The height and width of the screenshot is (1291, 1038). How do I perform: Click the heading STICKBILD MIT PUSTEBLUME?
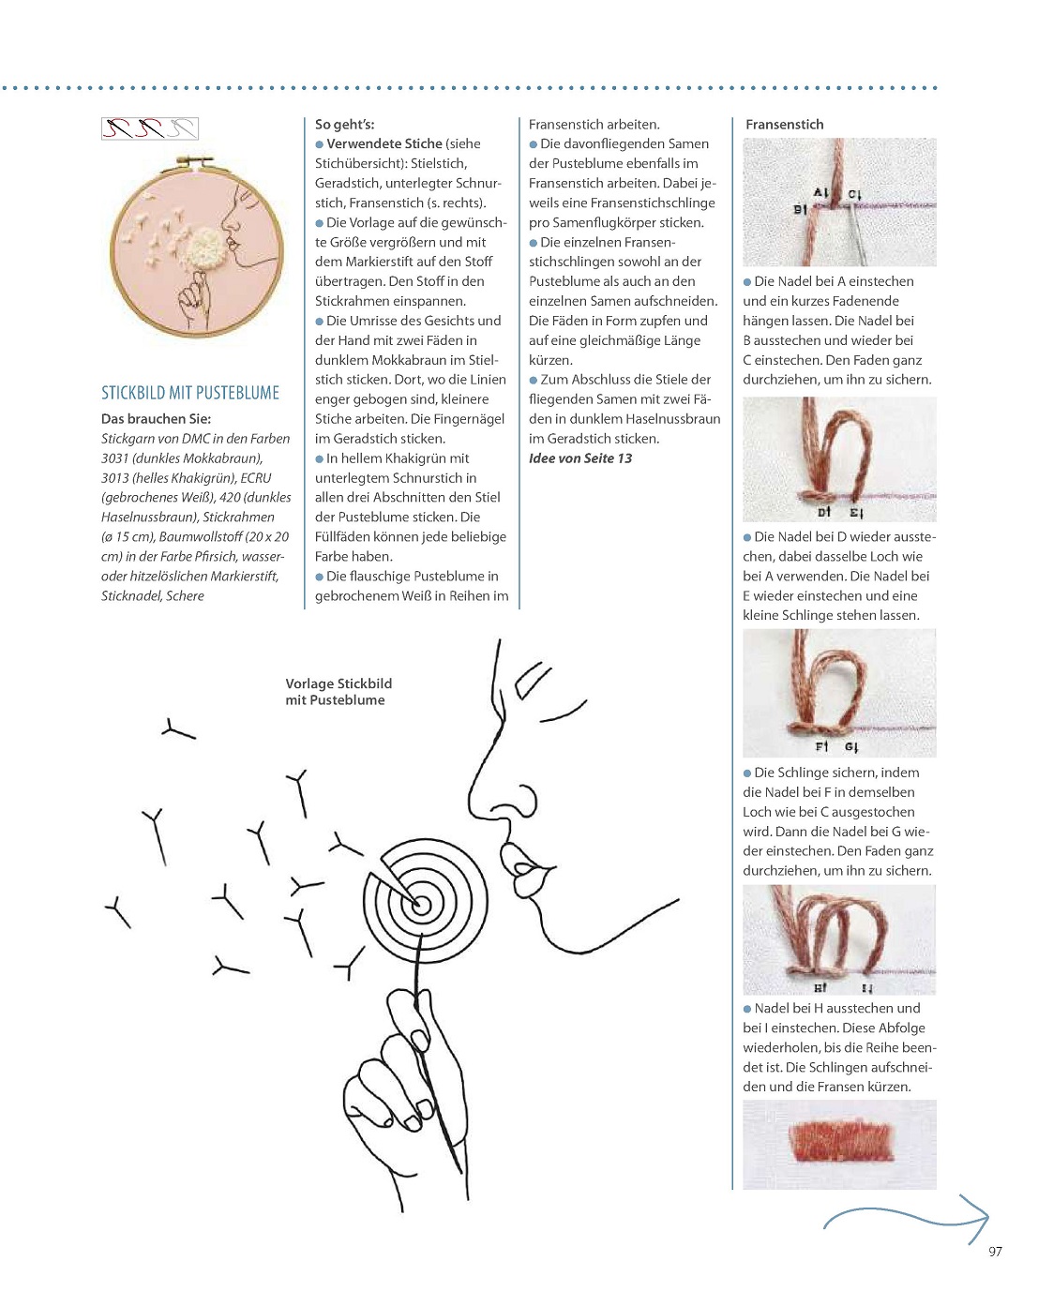pos(190,393)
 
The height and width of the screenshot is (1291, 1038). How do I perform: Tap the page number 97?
pos(995,1251)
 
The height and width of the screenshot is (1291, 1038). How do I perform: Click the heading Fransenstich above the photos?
pos(784,125)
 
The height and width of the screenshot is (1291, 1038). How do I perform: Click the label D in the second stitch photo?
pos(822,513)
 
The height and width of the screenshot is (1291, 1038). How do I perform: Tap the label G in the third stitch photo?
pos(850,747)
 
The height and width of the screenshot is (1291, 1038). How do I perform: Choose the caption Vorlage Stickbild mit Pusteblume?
pos(338,692)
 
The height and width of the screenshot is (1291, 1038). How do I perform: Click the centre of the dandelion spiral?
pos(421,905)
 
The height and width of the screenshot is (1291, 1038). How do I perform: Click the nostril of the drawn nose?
pos(520,803)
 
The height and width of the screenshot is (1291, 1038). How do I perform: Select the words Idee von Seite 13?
pos(580,458)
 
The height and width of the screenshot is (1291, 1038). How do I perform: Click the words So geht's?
pos(344,125)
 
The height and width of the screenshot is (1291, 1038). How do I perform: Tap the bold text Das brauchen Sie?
pos(156,419)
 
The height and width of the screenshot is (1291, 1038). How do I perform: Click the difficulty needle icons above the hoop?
pos(150,128)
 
